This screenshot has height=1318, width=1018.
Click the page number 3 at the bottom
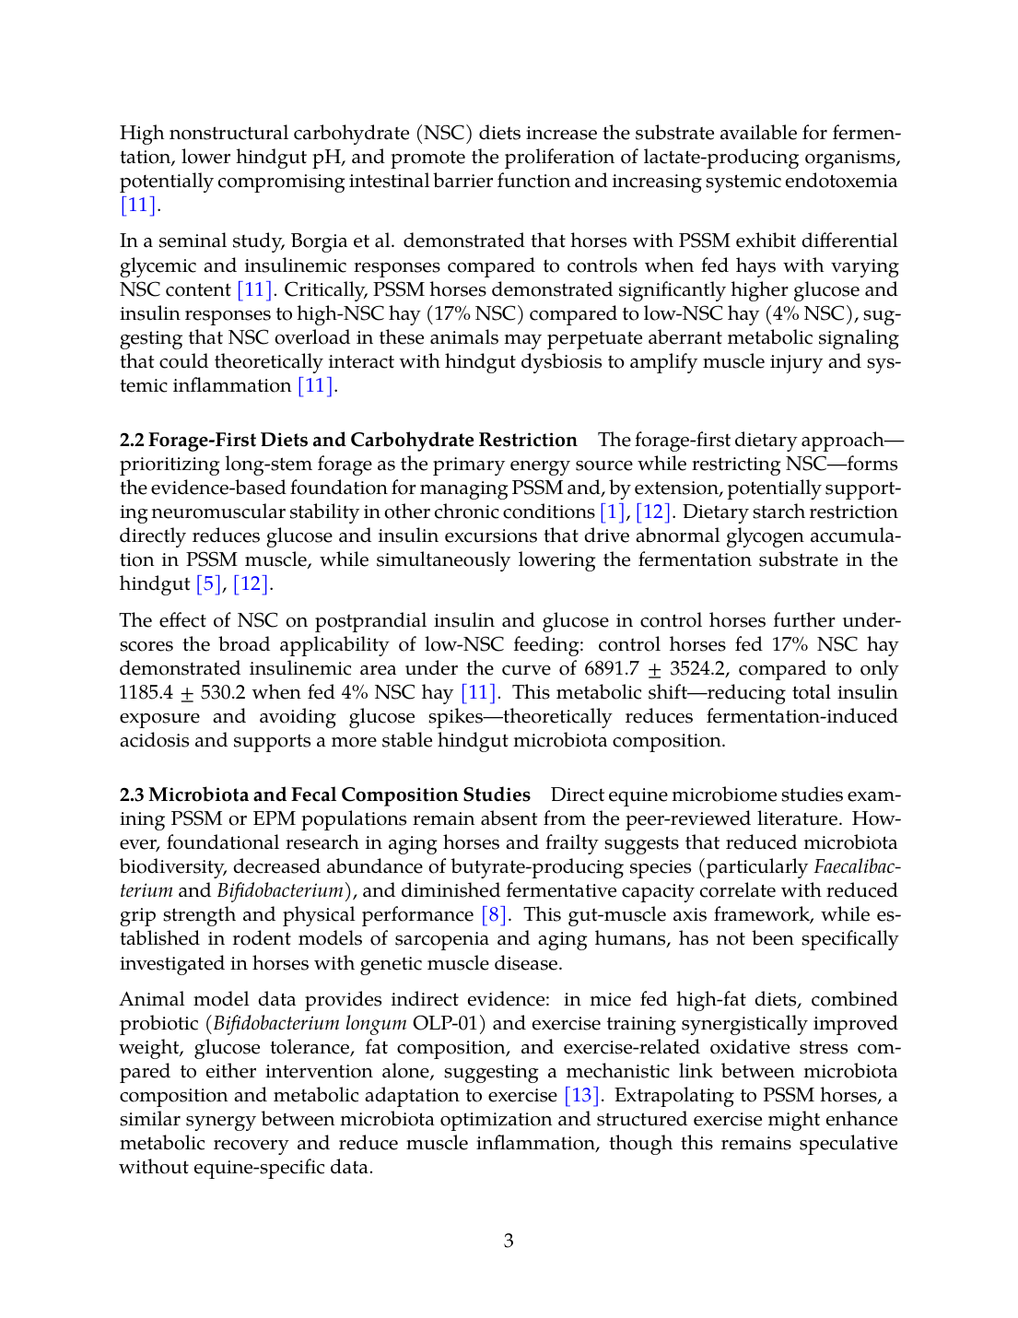coord(509,1241)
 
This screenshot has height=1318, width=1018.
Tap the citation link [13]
coord(582,1095)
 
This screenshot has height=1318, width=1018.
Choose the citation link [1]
coord(612,512)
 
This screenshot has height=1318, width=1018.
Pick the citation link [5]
coord(208,583)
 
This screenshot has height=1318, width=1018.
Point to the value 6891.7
coord(612,668)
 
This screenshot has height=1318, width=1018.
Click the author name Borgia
coord(322,241)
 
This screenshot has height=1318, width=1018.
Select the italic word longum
coord(375,1023)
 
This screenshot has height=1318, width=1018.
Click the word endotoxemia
coord(840,181)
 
